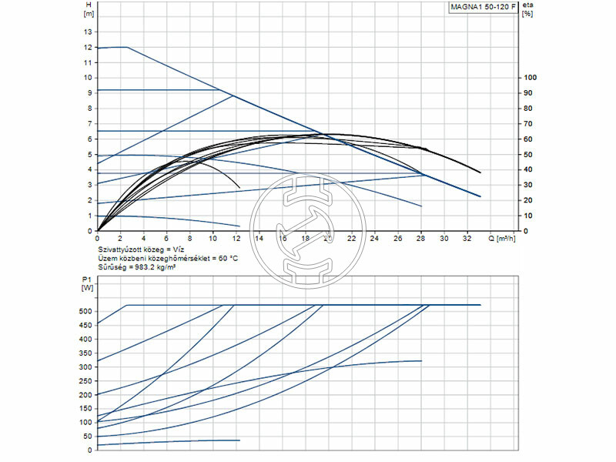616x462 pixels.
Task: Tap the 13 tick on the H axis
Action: coord(88,32)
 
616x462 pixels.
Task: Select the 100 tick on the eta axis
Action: coord(528,78)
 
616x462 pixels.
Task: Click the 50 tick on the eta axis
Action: coord(527,154)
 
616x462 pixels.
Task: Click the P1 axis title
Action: coord(85,282)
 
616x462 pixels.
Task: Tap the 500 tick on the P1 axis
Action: coord(84,311)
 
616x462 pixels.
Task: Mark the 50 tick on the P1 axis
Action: coord(86,436)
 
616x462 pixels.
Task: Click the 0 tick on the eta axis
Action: coord(525,231)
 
